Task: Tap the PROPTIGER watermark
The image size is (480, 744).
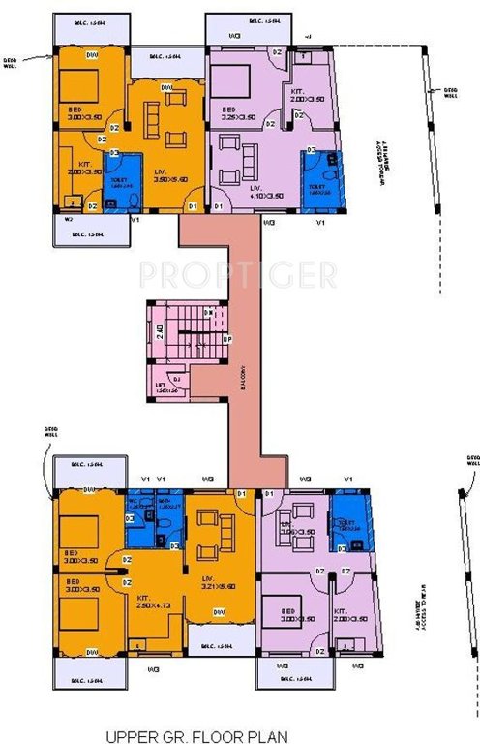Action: click(x=238, y=274)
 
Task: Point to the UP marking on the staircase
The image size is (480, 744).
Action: click(x=226, y=340)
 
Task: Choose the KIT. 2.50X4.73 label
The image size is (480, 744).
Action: click(x=143, y=601)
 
